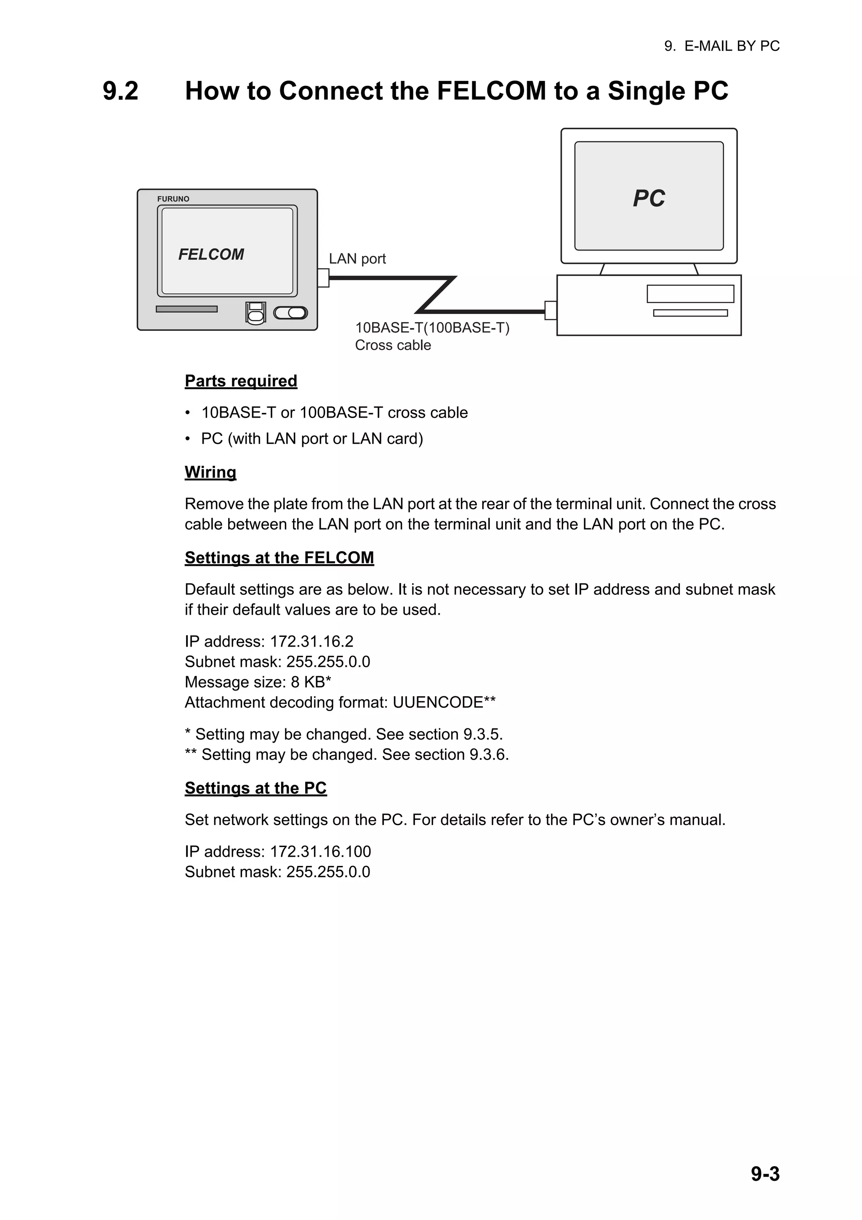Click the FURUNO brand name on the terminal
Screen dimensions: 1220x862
pos(173,199)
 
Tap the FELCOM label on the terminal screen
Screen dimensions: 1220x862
pos(211,255)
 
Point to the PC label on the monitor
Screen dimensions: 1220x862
pos(649,198)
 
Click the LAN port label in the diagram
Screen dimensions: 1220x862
pos(357,259)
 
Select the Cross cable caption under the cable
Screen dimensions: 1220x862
pos(393,345)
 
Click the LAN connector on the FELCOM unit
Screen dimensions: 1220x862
pos(323,278)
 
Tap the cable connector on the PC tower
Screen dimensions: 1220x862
pos(551,310)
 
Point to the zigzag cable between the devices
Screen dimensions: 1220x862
pos(436,294)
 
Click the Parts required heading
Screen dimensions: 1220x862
pos(241,381)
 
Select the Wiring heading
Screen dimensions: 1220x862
pos(210,472)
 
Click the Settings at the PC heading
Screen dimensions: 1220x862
pos(255,788)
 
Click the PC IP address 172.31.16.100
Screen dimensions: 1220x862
pos(320,852)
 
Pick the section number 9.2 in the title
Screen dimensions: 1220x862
pos(120,91)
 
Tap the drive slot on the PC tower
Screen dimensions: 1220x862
pos(690,294)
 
